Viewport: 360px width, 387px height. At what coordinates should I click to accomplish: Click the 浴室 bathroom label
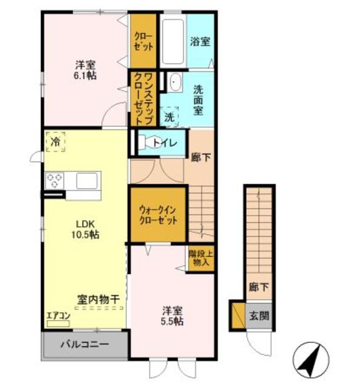pyautogui.click(x=200, y=42)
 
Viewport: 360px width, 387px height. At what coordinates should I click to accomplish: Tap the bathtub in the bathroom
pyautogui.click(x=173, y=41)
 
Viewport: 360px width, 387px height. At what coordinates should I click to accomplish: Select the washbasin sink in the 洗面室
pyautogui.click(x=175, y=82)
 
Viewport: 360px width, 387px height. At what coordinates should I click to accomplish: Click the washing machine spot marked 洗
pyautogui.click(x=169, y=117)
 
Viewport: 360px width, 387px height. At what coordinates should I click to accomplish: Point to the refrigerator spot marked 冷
pyautogui.click(x=55, y=141)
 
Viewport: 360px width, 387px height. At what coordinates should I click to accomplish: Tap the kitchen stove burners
pyautogui.click(x=54, y=181)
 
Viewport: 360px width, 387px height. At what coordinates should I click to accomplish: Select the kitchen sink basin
pyautogui.click(x=87, y=181)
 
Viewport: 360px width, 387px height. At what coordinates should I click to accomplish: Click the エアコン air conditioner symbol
pyautogui.click(x=58, y=324)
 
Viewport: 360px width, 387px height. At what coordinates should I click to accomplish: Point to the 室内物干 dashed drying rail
pyautogui.click(x=98, y=308)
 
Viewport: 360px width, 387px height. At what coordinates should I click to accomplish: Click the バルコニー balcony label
pyautogui.click(x=85, y=344)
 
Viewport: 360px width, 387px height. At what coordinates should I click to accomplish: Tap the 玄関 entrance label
pyautogui.click(x=259, y=316)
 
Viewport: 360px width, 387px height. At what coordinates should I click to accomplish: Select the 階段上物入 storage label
pyautogui.click(x=201, y=258)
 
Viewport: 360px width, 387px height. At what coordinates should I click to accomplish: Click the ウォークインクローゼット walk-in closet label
pyautogui.click(x=158, y=215)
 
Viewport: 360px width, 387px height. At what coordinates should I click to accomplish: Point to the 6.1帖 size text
pyautogui.click(x=85, y=76)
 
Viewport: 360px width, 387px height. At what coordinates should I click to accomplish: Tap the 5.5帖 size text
pyautogui.click(x=172, y=321)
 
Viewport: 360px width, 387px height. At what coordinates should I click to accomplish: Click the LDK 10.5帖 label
pyautogui.click(x=85, y=229)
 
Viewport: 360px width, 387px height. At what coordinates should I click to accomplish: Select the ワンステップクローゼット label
pyautogui.click(x=144, y=99)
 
